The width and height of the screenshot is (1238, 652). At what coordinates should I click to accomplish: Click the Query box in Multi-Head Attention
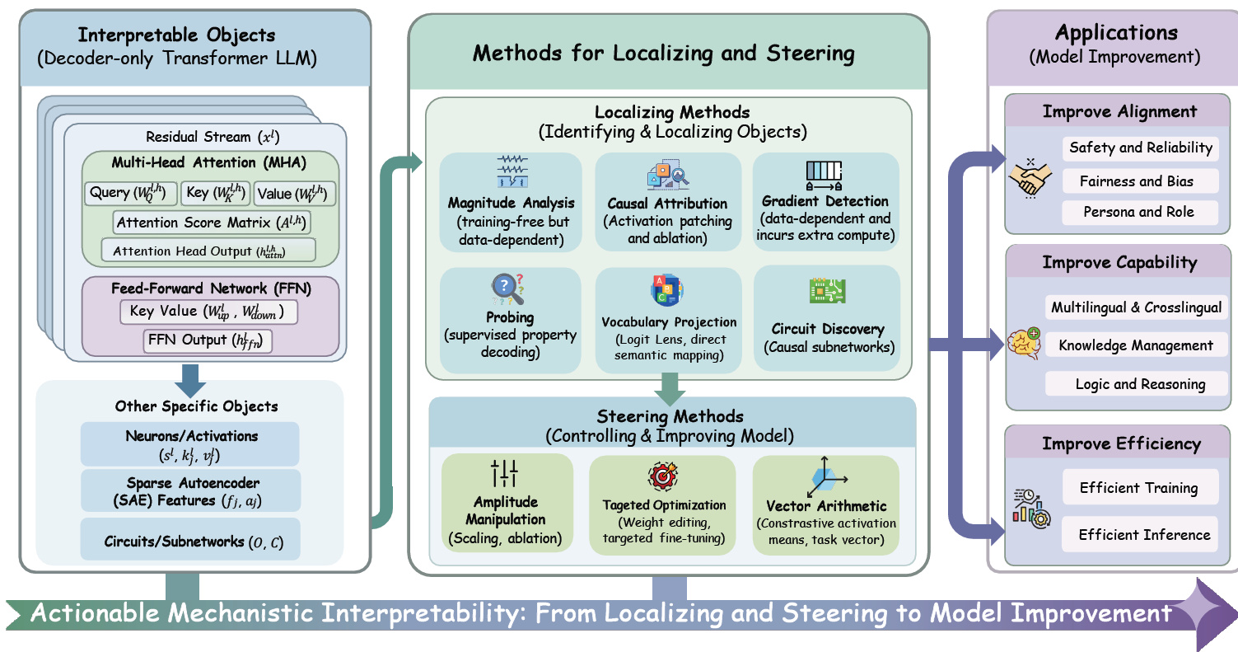[x=130, y=193]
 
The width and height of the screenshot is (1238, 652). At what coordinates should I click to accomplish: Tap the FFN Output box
[x=208, y=340]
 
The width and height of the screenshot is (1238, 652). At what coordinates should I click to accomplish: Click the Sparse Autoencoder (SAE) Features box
[x=190, y=491]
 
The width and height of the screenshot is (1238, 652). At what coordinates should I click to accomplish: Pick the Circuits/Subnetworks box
[x=190, y=542]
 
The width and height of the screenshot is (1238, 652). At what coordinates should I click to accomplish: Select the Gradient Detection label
[x=825, y=201]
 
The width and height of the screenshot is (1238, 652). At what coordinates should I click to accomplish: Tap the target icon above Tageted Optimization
[x=662, y=477]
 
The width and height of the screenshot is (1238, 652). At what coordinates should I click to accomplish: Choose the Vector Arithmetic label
[x=826, y=506]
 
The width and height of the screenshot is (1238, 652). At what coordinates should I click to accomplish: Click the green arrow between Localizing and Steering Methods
[x=670, y=387]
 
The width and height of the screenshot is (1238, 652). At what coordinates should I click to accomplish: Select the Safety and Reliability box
[x=1140, y=148]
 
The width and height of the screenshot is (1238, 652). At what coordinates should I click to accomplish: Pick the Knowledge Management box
[x=1135, y=345]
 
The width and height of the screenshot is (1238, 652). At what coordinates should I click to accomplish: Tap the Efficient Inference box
[x=1144, y=535]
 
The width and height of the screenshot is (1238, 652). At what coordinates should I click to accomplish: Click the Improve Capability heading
[x=1119, y=263]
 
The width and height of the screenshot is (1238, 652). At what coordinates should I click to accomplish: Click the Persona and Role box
[x=1138, y=212]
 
